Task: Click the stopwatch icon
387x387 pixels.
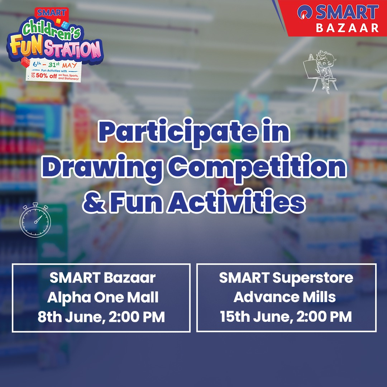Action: coord(35,220)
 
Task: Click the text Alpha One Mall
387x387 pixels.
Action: coord(103,297)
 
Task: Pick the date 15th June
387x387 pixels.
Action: coord(251,317)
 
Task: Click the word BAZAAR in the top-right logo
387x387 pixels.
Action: coord(347,28)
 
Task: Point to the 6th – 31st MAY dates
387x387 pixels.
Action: coord(54,66)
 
